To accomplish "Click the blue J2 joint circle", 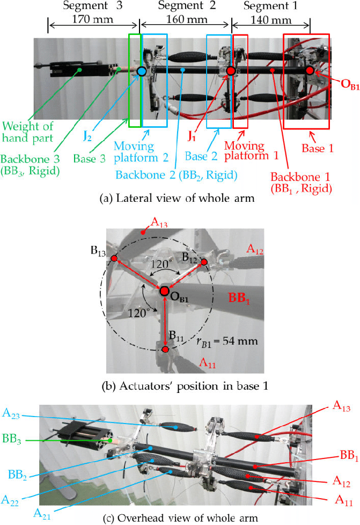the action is (142, 71).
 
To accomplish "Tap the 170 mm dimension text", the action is (93, 19).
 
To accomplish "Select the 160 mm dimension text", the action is (187, 19).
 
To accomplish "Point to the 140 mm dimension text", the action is (270, 20).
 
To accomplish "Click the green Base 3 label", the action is (90, 158).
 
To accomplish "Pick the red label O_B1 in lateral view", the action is (350, 84).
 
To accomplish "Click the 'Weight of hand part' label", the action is (27, 132).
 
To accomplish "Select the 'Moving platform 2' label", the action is (141, 152).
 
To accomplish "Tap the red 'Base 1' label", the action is (318, 148).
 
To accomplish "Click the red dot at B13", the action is (114, 259).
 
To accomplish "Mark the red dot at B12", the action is (204, 261).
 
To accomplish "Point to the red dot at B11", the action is (165, 349).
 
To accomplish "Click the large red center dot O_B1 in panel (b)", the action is (164, 291).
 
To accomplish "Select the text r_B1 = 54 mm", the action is (227, 342).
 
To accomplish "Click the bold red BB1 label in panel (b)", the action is (239, 297).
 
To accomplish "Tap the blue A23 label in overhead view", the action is (11, 413).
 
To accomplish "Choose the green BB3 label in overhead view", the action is (12, 439).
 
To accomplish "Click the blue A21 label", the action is (42, 514).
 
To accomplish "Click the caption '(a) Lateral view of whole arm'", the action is (177, 198).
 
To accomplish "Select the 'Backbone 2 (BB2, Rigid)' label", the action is (177, 175).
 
